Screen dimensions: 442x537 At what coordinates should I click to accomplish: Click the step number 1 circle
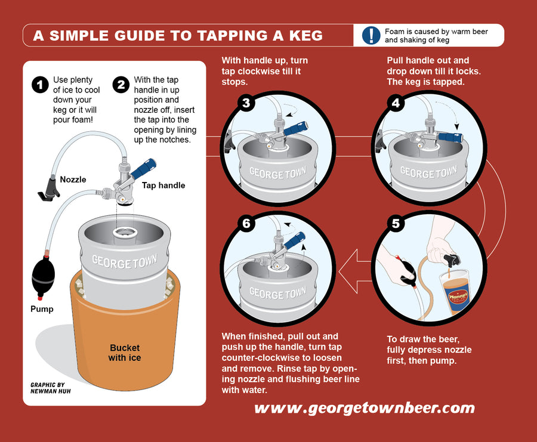pyautogui.click(x=40, y=85)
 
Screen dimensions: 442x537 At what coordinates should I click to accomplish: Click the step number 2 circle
pyautogui.click(x=121, y=85)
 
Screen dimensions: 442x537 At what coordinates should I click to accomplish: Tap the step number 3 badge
pyautogui.click(x=247, y=102)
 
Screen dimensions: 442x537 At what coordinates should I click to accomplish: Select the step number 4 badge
pyautogui.click(x=396, y=102)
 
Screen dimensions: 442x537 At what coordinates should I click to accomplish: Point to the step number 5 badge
pyautogui.click(x=396, y=224)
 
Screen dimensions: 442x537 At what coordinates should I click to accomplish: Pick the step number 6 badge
pyautogui.click(x=247, y=224)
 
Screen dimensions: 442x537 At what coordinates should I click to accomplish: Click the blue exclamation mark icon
pyautogui.click(x=371, y=36)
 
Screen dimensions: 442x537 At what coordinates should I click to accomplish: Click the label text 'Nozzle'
pyautogui.click(x=73, y=180)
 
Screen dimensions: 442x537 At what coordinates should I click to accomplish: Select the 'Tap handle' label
pyautogui.click(x=163, y=186)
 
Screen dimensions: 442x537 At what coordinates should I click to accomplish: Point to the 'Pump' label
pyautogui.click(x=42, y=309)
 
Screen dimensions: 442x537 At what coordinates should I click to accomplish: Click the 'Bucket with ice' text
pyautogui.click(x=124, y=353)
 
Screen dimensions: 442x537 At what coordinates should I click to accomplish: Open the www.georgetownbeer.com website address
pyautogui.click(x=364, y=408)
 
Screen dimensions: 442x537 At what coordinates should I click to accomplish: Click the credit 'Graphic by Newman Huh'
pyautogui.click(x=48, y=389)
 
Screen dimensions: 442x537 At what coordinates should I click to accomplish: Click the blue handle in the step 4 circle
pyautogui.click(x=450, y=137)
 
